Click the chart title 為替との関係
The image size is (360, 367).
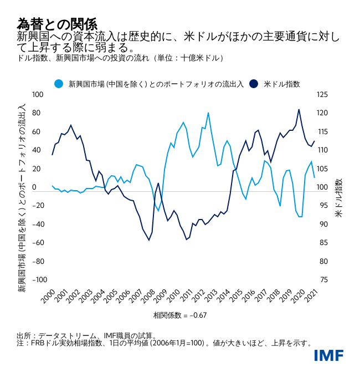pyautogui.click(x=57, y=24)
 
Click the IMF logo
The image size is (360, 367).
pyautogui.click(x=328, y=355)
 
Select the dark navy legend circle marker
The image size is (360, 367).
pyautogui.click(x=254, y=84)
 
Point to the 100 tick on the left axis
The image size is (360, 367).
pyautogui.click(x=37, y=95)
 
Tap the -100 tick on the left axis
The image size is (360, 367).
pyautogui.click(x=36, y=280)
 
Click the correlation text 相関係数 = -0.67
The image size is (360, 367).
pyautogui.click(x=180, y=315)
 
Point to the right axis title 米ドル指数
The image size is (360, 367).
pyautogui.click(x=338, y=197)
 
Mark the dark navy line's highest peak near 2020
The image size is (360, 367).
pyautogui.click(x=299, y=109)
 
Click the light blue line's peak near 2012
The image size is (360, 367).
pyautogui.click(x=208, y=113)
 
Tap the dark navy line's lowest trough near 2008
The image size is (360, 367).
pyautogui.click(x=149, y=240)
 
